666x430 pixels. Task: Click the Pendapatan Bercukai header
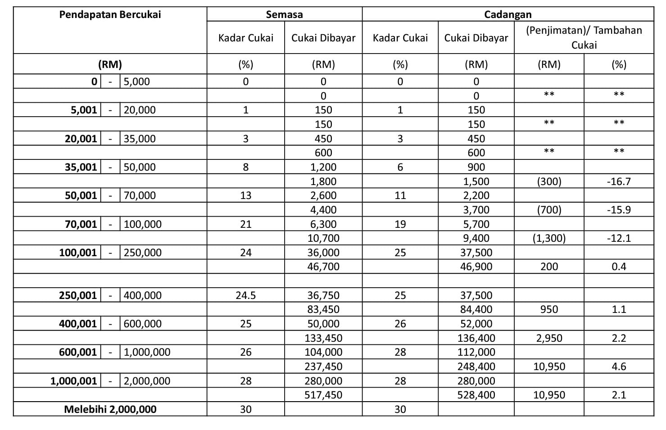[x=110, y=14]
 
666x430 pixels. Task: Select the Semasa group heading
[x=284, y=14]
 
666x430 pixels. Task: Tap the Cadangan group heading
[x=507, y=14]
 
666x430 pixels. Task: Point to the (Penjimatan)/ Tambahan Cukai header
[x=584, y=37]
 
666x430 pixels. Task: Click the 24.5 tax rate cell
[x=245, y=295]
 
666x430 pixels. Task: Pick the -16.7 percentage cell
[x=619, y=181]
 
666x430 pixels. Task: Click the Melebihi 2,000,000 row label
[x=110, y=409]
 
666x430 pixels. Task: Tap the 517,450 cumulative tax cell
[x=323, y=395]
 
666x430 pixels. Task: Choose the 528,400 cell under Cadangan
[x=476, y=395]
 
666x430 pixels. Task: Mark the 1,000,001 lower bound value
[x=73, y=381]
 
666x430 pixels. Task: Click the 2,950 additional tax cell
[x=549, y=338]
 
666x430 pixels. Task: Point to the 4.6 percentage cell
[x=619, y=367]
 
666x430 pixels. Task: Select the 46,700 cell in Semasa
[x=323, y=267]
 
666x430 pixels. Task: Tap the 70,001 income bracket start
[x=81, y=224]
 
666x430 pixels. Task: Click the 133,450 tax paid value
[x=323, y=338]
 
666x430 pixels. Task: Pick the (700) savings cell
[x=549, y=210]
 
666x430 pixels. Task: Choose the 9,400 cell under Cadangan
[x=476, y=238]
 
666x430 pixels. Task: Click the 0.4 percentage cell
[x=619, y=267]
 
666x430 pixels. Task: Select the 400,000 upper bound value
[x=142, y=295]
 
